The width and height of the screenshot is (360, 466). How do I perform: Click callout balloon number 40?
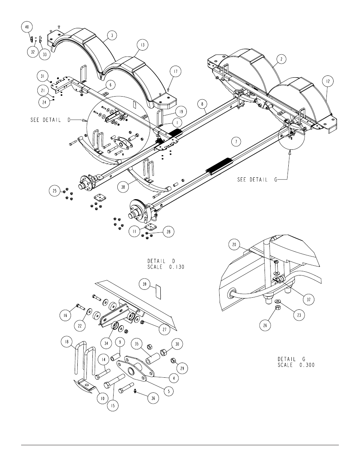(x=27, y=27)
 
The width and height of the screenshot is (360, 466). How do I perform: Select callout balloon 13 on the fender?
(x=143, y=45)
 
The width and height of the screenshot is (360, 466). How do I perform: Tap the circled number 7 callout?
(x=236, y=141)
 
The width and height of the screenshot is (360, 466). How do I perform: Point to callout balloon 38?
(x=123, y=187)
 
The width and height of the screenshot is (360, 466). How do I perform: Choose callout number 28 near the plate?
(x=169, y=232)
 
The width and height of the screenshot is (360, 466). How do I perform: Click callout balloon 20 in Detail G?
(x=234, y=245)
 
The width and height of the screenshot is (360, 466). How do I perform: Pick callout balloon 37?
(x=309, y=299)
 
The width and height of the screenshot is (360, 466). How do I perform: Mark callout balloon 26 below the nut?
(x=265, y=325)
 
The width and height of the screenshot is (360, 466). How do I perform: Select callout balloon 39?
(x=145, y=284)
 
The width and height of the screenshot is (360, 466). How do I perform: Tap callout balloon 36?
(x=153, y=398)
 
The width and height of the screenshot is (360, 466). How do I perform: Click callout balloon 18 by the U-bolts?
(x=67, y=341)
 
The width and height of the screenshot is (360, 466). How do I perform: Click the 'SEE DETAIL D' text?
(x=51, y=120)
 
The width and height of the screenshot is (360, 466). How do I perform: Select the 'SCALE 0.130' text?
(x=166, y=267)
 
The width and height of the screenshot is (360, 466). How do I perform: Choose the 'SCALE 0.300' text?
(x=296, y=365)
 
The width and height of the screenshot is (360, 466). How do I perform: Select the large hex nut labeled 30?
(x=163, y=352)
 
